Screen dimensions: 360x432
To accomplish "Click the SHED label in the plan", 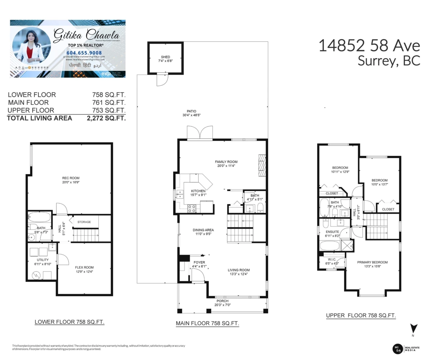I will coord(166,57).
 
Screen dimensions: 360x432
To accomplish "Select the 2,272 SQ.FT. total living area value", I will coord(106,118).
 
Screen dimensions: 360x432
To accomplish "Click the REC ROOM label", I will coord(71,178).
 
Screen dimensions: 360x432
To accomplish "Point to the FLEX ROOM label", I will coord(84,267).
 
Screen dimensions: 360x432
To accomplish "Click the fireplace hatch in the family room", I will coord(262,166).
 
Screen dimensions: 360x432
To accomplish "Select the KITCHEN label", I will coord(198,191).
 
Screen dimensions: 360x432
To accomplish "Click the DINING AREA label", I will coord(203,230).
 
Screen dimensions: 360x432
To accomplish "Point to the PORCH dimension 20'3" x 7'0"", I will coord(222,305).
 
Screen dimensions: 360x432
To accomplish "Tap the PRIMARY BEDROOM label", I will coord(372,262).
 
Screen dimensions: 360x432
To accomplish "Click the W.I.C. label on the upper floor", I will coord(332,259).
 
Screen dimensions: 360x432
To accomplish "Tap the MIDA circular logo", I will coord(397,348).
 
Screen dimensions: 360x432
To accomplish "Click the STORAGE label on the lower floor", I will coord(84,222).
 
